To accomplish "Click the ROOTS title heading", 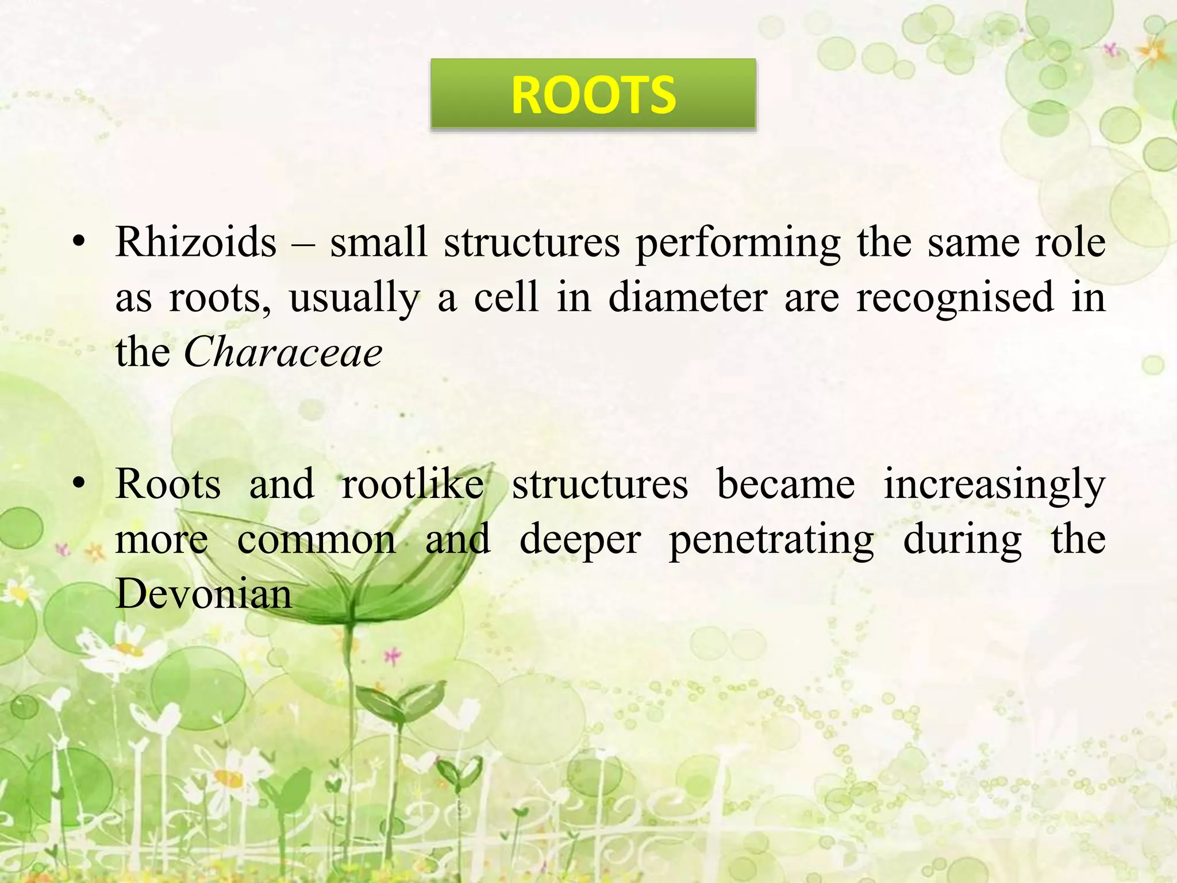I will coord(593,95).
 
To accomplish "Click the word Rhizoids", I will coord(196,242).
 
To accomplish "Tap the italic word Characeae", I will coord(283,352).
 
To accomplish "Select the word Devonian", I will coord(203,593).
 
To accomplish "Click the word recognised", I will coord(955,297).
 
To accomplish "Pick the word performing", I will coord(738,243).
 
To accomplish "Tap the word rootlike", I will coord(413,483).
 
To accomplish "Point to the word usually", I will coord(355,298).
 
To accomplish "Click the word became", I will coord(786,483).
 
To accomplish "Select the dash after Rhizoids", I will coord(303,243).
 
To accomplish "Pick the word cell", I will coord(506,297).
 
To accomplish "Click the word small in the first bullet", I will coord(378,242).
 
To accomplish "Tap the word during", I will coord(963,539).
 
